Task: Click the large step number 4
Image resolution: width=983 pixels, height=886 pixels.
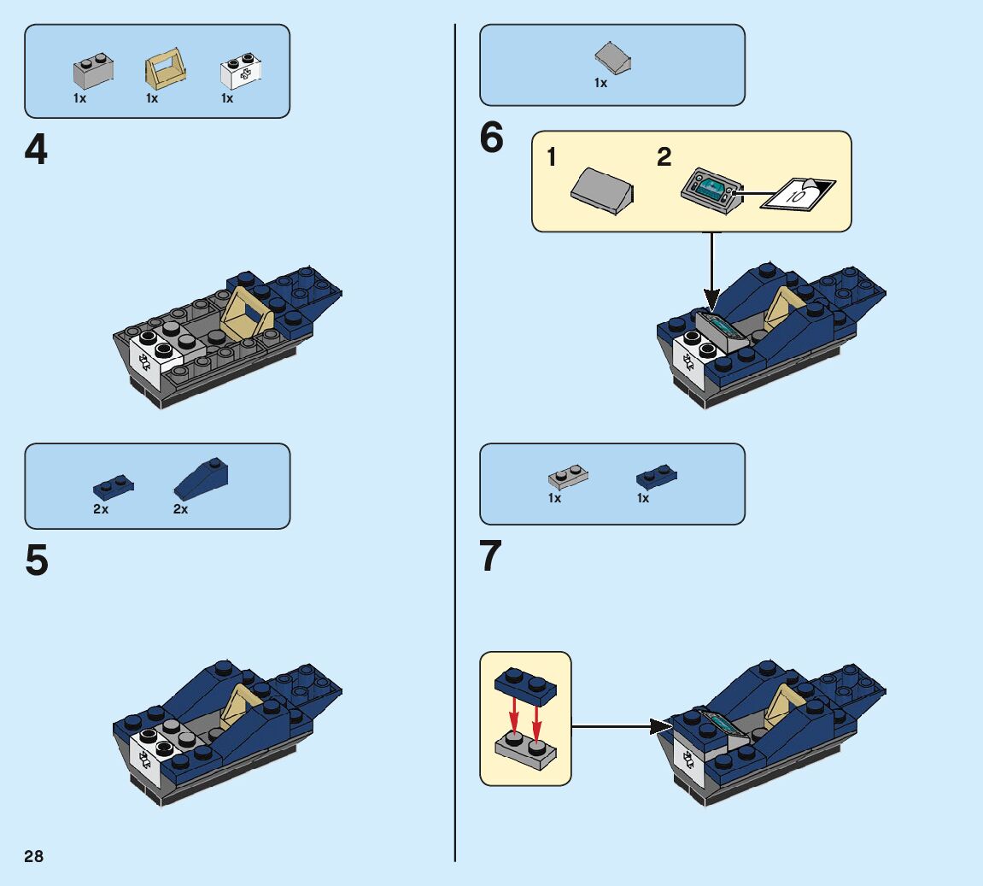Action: (x=36, y=150)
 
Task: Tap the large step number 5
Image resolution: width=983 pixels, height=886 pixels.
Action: (x=36, y=561)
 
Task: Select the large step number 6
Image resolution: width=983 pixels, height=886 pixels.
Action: (x=491, y=138)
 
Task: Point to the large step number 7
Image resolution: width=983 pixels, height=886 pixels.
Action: (x=491, y=556)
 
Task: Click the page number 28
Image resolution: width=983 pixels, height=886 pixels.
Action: (x=33, y=856)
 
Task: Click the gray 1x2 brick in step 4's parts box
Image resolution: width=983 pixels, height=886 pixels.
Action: (x=93, y=72)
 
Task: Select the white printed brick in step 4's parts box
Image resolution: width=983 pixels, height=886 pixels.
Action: (x=240, y=72)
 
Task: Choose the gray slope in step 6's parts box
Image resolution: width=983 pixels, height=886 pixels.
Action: (x=613, y=59)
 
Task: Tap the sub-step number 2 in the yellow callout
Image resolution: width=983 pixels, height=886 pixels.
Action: (x=664, y=157)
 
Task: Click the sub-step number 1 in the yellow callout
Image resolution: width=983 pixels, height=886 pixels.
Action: (x=552, y=157)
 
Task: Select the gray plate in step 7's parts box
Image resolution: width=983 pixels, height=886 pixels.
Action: (x=567, y=477)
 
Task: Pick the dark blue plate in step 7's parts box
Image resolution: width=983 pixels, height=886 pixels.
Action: (x=656, y=477)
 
